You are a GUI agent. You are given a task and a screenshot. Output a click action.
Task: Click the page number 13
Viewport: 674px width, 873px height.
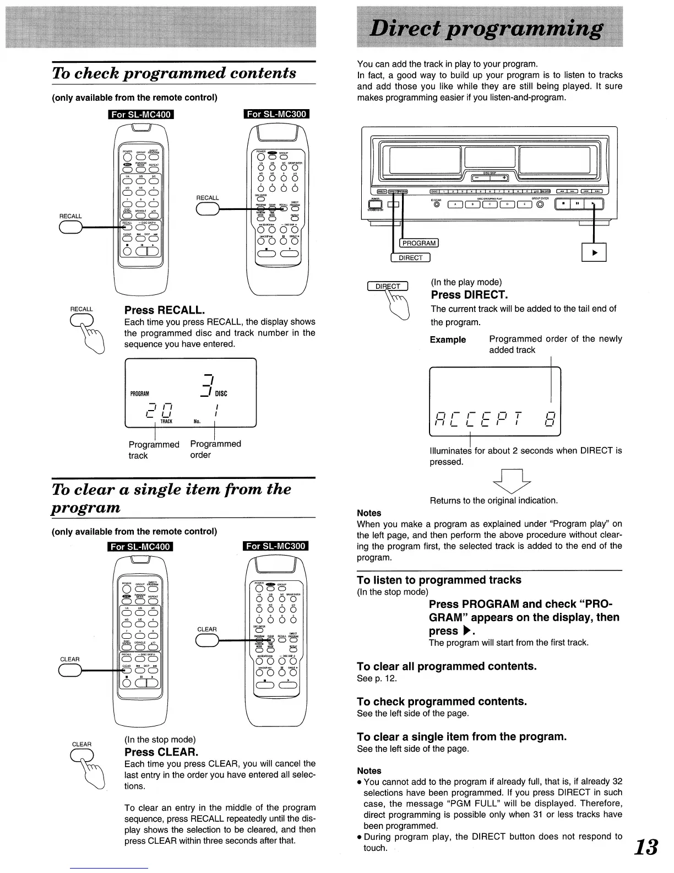coord(646,847)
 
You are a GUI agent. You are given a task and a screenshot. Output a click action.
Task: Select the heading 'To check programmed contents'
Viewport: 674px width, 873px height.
coord(174,73)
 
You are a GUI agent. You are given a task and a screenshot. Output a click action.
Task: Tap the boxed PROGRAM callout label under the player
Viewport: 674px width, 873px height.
coord(419,243)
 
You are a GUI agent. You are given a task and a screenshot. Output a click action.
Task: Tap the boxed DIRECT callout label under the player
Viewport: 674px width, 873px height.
coord(410,258)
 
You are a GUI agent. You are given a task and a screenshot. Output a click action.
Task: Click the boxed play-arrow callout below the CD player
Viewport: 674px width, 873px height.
coord(594,252)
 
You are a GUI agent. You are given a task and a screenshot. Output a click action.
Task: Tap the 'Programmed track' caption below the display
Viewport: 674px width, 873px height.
coord(154,450)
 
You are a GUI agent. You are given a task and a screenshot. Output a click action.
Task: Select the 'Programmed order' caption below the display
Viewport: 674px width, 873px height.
coord(215,449)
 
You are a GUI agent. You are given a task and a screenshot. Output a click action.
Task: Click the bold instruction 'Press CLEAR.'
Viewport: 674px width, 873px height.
coord(161,752)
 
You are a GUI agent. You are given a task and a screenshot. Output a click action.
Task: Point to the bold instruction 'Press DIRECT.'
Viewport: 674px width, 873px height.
coord(469,295)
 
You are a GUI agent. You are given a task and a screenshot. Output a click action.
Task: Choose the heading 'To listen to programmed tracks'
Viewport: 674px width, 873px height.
coord(439,580)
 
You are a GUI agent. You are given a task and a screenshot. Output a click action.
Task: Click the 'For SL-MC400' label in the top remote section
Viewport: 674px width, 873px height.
coord(141,115)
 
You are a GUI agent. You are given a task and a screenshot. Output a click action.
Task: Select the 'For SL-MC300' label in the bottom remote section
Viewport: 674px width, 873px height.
coord(275,546)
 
